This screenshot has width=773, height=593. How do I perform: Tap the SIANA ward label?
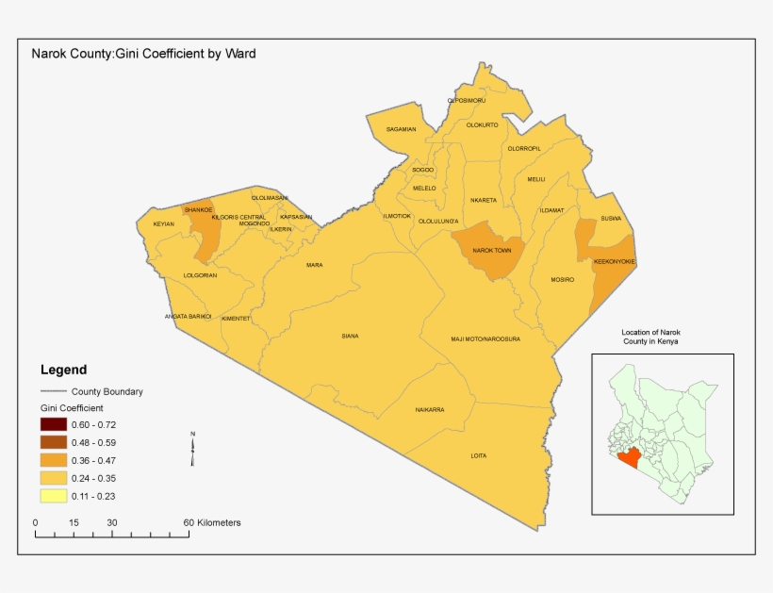[x=350, y=336]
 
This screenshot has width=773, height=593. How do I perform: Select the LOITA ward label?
[x=479, y=456]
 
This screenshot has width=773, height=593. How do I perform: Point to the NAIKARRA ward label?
[x=430, y=410]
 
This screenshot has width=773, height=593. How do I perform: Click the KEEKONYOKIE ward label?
[x=615, y=261]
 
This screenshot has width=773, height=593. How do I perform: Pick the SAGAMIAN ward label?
[x=401, y=129]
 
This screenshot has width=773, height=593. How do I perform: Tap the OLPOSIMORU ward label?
[x=467, y=100]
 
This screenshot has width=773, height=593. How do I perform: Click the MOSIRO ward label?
[x=563, y=280]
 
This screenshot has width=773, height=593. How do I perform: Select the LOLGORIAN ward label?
[x=200, y=275]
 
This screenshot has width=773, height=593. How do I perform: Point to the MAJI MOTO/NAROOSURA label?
[x=485, y=338]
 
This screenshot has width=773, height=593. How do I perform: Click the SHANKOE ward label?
[x=199, y=209]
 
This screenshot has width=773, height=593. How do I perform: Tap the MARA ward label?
[x=314, y=265]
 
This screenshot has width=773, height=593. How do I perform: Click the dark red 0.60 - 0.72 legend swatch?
[x=53, y=425]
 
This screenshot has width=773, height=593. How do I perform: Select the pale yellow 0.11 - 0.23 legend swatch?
[x=53, y=495]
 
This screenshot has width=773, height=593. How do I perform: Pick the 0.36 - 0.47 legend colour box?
[x=53, y=460]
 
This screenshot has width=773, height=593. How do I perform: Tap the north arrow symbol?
[x=192, y=449]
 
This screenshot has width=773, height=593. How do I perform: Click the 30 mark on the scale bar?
[x=111, y=523]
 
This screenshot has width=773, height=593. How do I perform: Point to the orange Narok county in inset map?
[x=629, y=460]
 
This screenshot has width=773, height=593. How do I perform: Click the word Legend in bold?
[x=63, y=370]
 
